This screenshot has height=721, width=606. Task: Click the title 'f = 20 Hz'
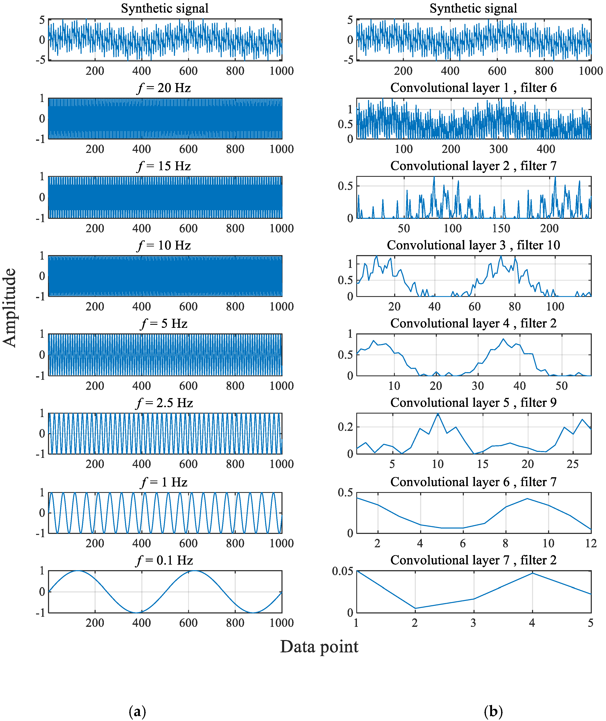pyautogui.click(x=164, y=88)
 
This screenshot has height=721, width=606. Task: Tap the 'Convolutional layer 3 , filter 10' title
pyautogui.click(x=473, y=245)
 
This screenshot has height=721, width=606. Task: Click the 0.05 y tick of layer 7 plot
pyautogui.click(x=342, y=572)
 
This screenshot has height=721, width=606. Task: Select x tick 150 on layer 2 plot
pyautogui.click(x=501, y=229)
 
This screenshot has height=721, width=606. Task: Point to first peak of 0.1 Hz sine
pyautogui.click(x=78, y=571)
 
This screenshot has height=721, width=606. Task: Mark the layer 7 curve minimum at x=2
pyautogui.click(x=415, y=608)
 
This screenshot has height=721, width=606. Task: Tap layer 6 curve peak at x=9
pyautogui.click(x=527, y=498)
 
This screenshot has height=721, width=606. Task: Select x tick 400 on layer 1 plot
pyautogui.click(x=546, y=149)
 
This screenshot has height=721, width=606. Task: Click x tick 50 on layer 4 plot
pyautogui.click(x=561, y=386)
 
